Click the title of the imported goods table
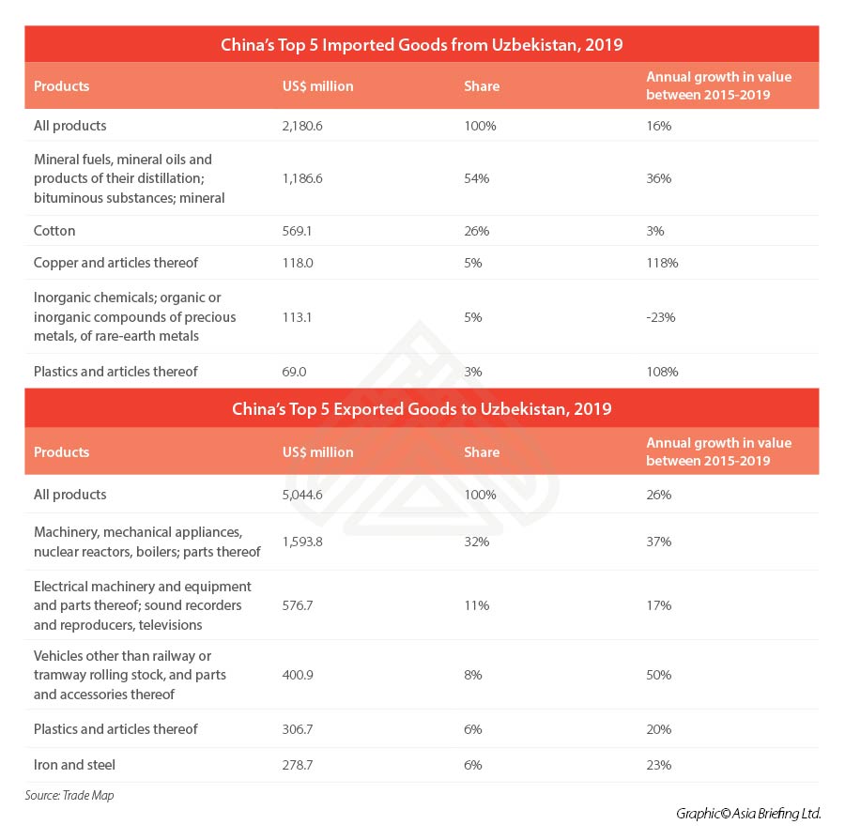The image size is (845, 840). coord(422,44)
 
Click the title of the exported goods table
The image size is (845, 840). coord(422,409)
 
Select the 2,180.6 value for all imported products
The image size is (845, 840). coord(302,126)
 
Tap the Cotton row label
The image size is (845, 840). coord(54,231)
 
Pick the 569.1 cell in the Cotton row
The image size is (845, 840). coord(298,231)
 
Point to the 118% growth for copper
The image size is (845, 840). coord(662,263)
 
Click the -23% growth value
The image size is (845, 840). coord(661,317)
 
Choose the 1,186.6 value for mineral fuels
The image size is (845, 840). coord(302,178)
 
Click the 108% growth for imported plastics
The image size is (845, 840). coord(662,372)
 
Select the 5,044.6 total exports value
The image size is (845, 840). coord(303,495)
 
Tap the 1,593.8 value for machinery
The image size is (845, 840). coord(302,542)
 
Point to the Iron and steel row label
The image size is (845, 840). coord(74,765)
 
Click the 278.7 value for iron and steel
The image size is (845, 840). coord(298,765)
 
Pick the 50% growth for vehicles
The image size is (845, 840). coord(659,675)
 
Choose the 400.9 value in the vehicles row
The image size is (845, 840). coord(299,675)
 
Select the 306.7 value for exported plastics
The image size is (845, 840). coord(299,729)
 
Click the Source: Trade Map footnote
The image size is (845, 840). coord(69,796)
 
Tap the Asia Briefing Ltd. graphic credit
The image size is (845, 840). coord(748,813)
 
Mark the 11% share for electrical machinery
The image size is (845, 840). coord(476,605)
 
